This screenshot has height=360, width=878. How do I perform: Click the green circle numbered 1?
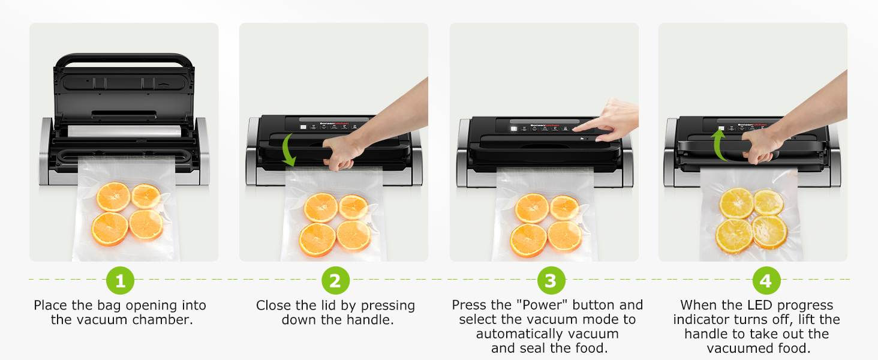[x=120, y=280]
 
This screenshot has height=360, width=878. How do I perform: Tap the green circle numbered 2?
[x=335, y=280]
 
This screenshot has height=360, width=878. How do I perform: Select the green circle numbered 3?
[x=551, y=280]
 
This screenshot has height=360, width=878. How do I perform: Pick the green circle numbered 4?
[x=766, y=280]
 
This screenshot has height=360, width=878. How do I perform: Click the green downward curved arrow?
[x=287, y=150]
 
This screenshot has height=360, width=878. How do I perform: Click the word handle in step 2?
[x=370, y=320]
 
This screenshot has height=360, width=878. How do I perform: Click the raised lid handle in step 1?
[x=124, y=59]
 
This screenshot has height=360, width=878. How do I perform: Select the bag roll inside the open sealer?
[x=125, y=131]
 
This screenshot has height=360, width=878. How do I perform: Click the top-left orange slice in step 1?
[x=113, y=196]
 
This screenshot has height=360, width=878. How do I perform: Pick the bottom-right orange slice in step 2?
[x=354, y=235]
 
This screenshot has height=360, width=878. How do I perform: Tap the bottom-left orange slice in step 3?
[x=528, y=240]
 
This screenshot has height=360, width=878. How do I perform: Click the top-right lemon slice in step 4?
[x=768, y=202]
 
